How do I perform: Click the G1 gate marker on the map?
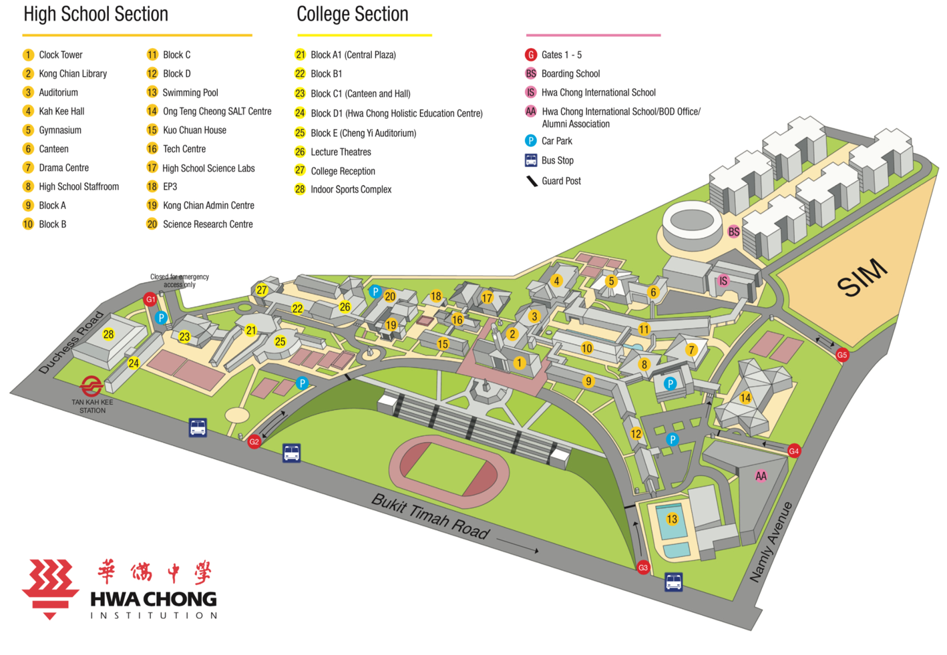point(151,299)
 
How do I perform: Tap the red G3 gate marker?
point(643,568)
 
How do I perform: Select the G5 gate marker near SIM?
point(842,355)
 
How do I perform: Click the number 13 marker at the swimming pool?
point(672,519)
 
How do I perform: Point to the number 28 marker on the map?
point(108,335)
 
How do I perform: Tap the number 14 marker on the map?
point(745,398)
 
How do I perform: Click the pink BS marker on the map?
point(734,232)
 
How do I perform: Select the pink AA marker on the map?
point(761,476)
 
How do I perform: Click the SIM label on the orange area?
point(862,277)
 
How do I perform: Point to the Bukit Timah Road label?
point(431,516)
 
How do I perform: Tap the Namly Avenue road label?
point(771,541)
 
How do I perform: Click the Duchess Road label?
point(71,342)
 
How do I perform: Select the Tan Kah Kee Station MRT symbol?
point(91,386)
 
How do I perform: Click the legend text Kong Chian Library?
point(73,73)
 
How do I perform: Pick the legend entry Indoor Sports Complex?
point(351,190)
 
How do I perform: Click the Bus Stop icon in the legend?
point(531,160)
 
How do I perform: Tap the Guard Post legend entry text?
point(561,181)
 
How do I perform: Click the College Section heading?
point(352,14)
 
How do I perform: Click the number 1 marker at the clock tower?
point(520,363)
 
